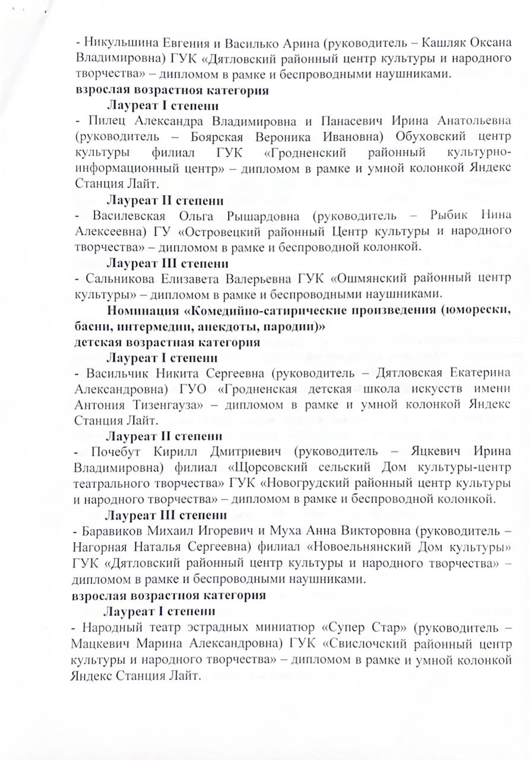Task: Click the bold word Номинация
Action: click(x=143, y=311)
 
